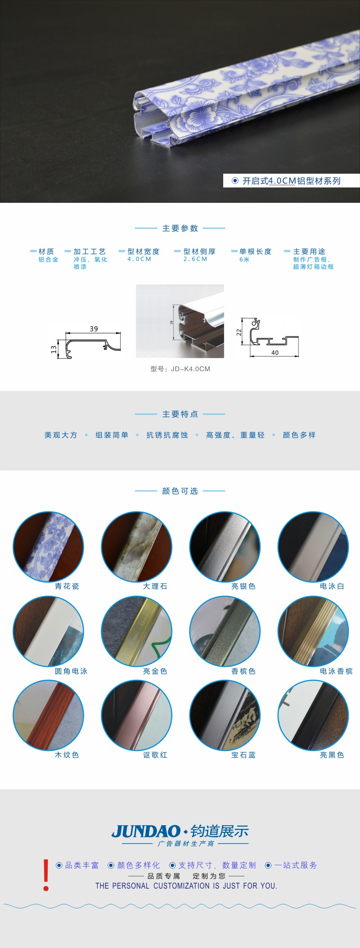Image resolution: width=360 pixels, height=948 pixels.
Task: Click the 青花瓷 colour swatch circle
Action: point(48,546)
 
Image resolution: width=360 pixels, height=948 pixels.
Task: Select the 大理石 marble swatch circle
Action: point(136,546)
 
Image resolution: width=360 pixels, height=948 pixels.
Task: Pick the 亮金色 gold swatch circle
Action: point(136,631)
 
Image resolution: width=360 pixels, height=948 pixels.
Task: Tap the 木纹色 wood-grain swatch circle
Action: point(48,715)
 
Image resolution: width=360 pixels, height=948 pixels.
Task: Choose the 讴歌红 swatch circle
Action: point(136,715)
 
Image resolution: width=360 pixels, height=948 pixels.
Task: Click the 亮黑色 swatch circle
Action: point(313,715)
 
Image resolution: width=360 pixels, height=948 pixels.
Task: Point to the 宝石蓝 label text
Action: point(243,755)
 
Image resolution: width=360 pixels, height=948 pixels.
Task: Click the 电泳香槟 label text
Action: point(336,671)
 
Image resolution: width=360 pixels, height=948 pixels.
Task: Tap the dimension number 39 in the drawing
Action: point(94,329)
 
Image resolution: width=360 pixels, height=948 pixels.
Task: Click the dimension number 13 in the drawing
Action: point(54,349)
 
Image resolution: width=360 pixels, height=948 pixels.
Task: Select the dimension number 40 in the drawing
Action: point(275,353)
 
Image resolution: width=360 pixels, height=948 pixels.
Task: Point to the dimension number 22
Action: point(239,332)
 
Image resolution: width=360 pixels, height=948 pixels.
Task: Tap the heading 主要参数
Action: point(180,228)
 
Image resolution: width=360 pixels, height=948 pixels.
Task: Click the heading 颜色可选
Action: point(180,491)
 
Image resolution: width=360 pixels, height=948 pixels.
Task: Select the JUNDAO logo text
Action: point(146,831)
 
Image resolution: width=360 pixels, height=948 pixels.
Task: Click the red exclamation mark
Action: point(46,875)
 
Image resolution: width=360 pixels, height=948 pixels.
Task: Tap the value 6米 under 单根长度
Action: point(244,260)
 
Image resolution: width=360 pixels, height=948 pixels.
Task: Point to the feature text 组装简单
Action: point(112,435)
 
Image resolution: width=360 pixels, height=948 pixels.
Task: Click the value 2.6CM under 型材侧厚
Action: point(195,259)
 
